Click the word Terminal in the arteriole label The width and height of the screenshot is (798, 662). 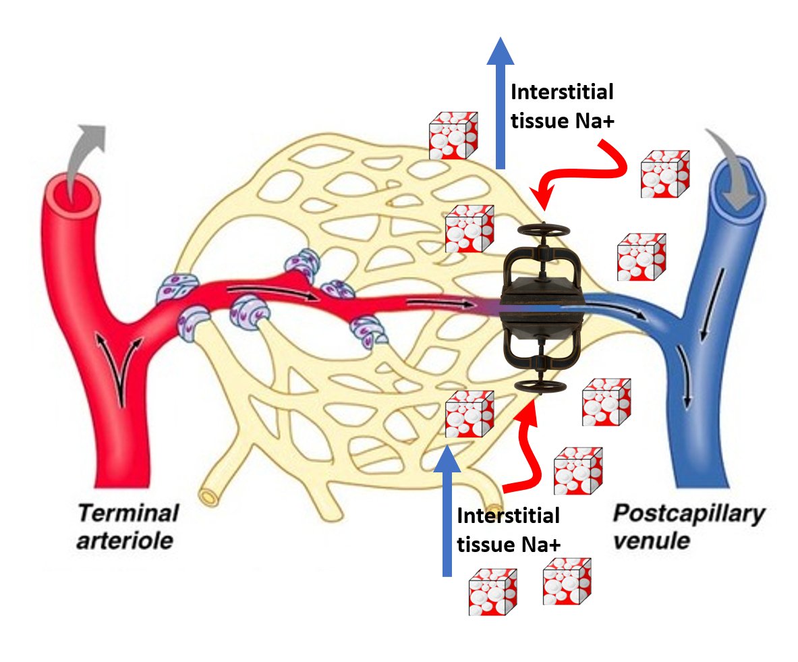coord(128,514)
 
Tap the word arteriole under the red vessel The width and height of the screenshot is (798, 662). coord(127,541)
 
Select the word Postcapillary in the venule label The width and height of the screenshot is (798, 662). coord(688,514)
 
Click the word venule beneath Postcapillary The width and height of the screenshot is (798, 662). coord(651,541)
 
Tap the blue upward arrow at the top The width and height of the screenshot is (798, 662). coord(500,101)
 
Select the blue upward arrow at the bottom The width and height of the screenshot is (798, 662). coord(447,513)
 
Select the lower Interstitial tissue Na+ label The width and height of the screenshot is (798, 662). coord(509,530)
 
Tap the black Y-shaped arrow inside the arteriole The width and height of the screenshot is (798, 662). coord(121,364)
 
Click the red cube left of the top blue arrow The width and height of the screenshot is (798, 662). coord(453,136)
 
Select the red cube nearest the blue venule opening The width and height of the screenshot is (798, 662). coord(664,173)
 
